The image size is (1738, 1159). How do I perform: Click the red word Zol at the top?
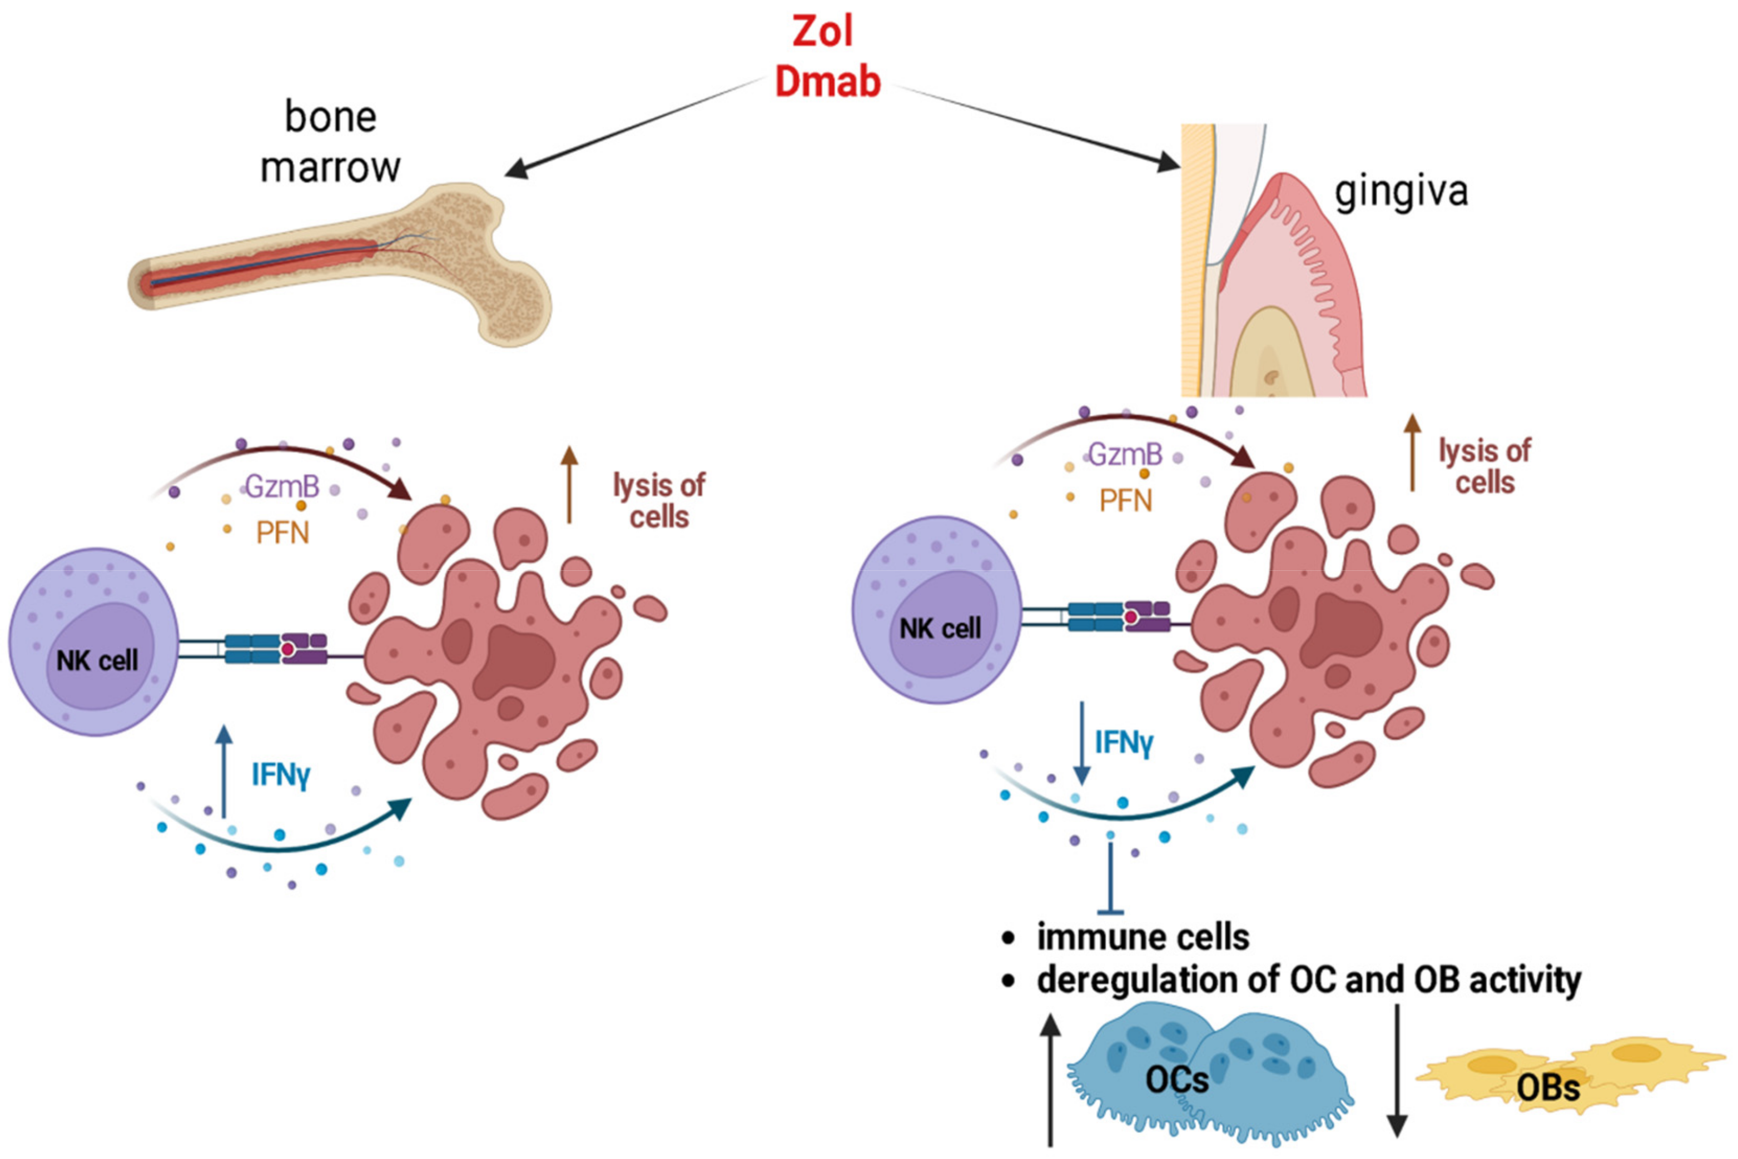822,31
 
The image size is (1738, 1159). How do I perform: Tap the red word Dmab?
827,81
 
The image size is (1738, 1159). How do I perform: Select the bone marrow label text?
330,142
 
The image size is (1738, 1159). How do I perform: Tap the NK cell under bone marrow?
94,641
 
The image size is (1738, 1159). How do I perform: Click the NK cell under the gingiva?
937,610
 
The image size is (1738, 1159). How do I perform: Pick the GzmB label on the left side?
282,487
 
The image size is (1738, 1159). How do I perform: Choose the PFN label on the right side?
1125,501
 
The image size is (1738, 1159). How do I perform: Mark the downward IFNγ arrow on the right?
1081,743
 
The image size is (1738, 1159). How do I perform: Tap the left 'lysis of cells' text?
659,501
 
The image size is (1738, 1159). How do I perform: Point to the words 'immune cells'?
1144,937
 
